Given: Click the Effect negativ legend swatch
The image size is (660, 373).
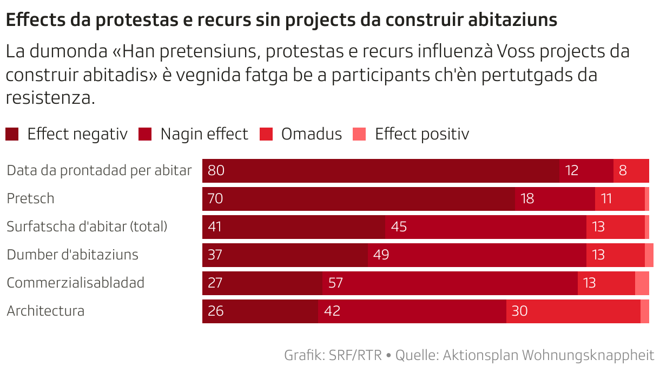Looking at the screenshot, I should coord(12,134).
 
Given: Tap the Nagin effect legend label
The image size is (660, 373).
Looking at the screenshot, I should coord(204,134).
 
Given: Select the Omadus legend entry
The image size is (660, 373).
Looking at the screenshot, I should coord(311,134).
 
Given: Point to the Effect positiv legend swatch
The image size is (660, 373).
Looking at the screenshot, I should coord(359,134).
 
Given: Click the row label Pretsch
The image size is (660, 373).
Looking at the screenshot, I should coord(30,198).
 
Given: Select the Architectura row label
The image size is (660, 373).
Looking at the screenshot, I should coord(45,311).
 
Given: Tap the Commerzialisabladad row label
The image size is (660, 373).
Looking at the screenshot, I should coord(75,283).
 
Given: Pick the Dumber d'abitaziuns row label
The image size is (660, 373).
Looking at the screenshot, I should coord(72,255).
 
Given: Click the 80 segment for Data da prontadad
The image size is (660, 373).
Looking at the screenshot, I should coord(380,170).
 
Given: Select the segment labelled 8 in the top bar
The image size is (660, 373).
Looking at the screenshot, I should coord(631,170).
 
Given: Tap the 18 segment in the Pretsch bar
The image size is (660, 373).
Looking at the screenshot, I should coord(555,198).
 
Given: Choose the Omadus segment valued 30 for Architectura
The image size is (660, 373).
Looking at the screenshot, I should coord(573,311).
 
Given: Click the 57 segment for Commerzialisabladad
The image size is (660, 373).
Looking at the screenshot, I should coord(450,283).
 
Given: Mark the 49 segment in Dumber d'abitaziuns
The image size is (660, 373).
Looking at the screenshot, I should coord(477,255).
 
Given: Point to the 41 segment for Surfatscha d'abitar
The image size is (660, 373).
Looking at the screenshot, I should coord(294,227).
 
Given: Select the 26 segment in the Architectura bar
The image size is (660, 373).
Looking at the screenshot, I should coord(260,311).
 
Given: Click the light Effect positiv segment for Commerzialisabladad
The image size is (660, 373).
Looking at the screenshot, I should coord(642,283).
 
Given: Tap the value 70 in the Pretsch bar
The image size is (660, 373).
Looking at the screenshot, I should coord(215,198).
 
